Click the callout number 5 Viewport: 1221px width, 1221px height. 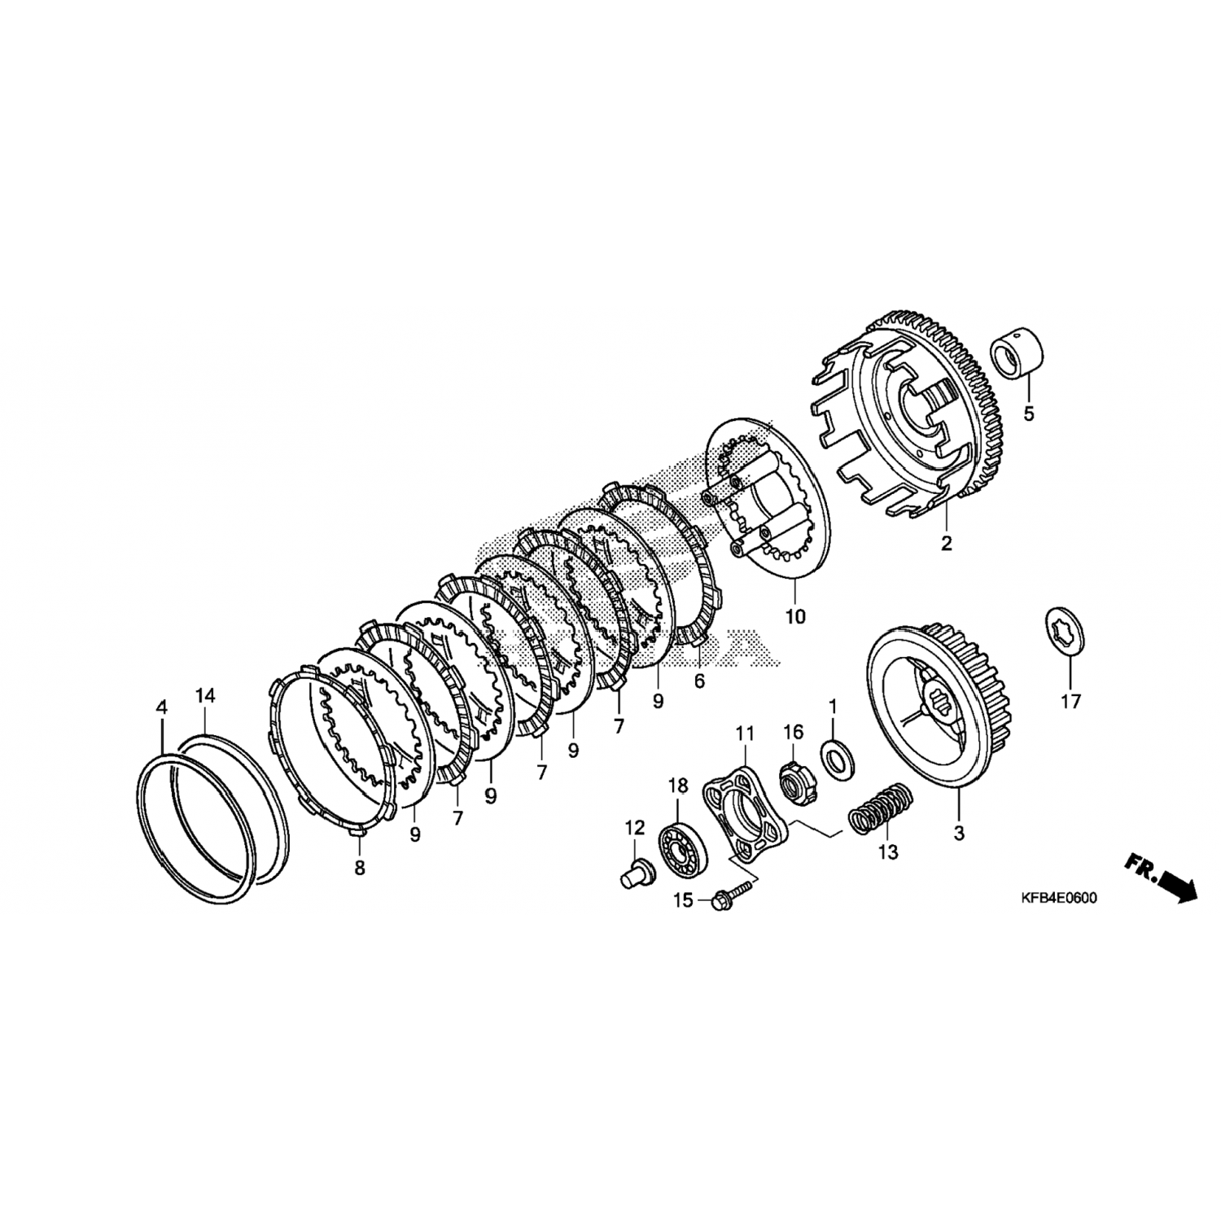tap(1028, 414)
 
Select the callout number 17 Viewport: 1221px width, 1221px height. tap(1070, 700)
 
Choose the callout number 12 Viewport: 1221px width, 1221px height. tap(635, 828)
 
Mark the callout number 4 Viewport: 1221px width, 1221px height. tap(161, 707)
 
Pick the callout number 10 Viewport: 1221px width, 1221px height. tap(794, 616)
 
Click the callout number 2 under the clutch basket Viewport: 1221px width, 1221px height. tap(946, 544)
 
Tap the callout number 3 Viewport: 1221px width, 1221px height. tap(959, 834)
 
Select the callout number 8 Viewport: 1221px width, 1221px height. tap(360, 868)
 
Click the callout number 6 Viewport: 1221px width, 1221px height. tap(698, 681)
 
